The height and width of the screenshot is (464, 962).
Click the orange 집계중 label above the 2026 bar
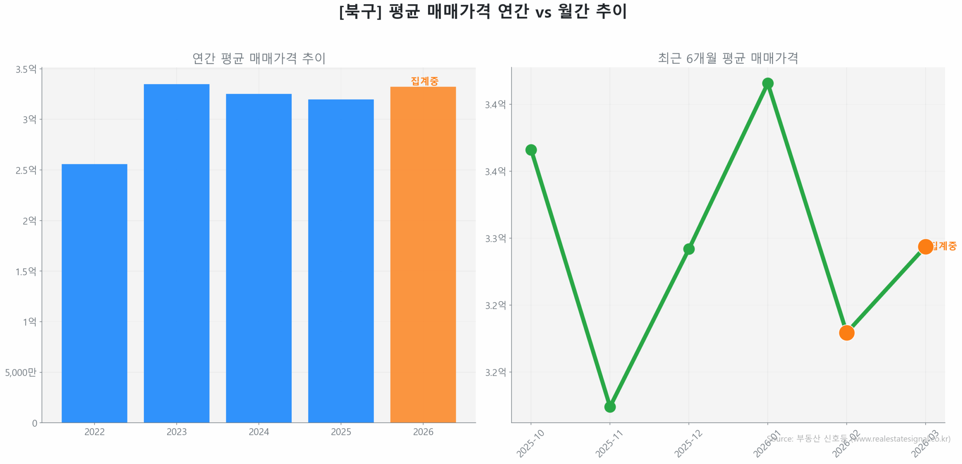coord(424,81)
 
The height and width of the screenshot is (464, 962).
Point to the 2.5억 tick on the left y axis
coord(26,170)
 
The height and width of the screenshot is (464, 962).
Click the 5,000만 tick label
coord(21,372)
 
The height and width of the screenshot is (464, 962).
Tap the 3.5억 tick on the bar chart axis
coord(26,69)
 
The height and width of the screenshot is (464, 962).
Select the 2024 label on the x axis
coord(259,431)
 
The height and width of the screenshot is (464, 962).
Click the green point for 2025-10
coord(531,150)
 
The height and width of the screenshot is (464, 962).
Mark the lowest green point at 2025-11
coord(610,406)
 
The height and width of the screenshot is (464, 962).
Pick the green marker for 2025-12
coord(688,249)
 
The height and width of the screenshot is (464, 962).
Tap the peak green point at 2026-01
coord(767,83)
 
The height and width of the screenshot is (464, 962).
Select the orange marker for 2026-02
coord(846,332)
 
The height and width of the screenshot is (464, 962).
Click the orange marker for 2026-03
coord(925,246)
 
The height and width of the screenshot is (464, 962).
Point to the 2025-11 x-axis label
coord(609,444)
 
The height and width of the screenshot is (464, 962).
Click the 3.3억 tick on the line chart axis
coord(495,238)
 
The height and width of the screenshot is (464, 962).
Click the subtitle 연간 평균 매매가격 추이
coord(259,58)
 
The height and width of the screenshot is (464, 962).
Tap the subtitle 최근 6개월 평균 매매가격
coord(728,58)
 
